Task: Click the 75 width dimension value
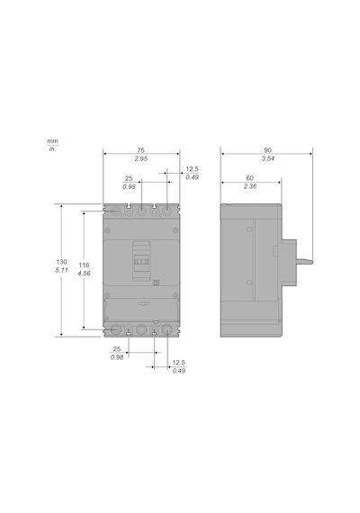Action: coord(140,150)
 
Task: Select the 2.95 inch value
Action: coord(141,158)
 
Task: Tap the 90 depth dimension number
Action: coord(267,150)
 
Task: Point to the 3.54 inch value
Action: coord(267,158)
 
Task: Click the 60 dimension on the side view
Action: coord(249,178)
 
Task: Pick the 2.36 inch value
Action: coord(250,186)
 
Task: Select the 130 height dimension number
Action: coord(61,262)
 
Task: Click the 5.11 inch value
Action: coord(61,270)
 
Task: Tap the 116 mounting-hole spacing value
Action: coord(84,265)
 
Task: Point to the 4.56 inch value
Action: coord(84,274)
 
